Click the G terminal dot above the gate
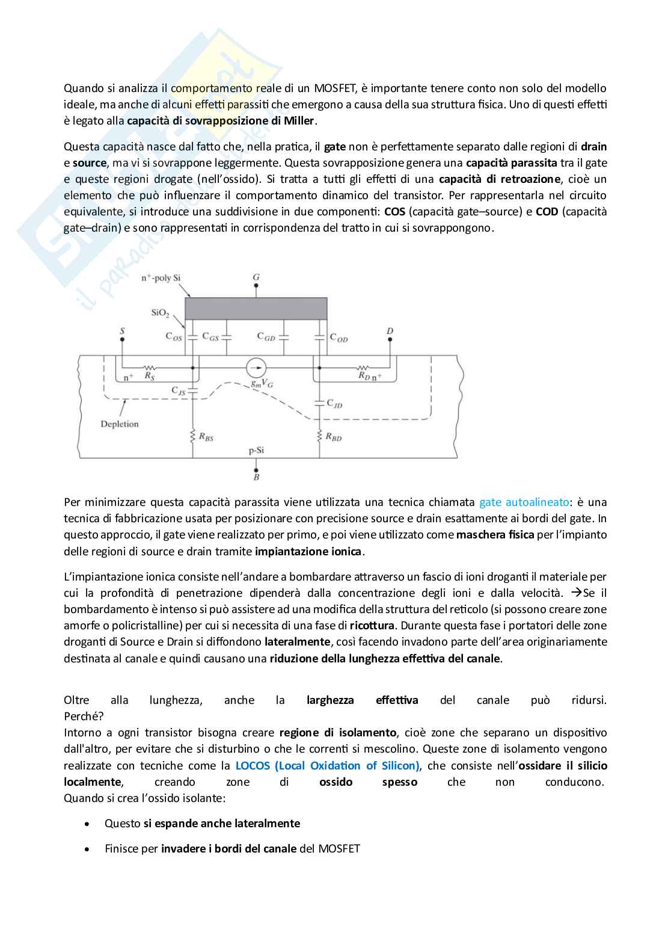pos(256,287)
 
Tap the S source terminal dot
pos(122,339)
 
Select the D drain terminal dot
pos(390,339)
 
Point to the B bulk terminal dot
pos(256,469)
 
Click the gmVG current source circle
pos(256,367)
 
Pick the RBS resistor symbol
pos(193,436)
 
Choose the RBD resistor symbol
pos(320,436)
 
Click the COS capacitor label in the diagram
pos(173,337)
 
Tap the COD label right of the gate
pos(339,338)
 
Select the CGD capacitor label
pos(266,337)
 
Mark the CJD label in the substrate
pos(334,404)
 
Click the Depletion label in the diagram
pos(120,424)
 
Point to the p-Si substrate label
pos(256,450)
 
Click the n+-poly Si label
pos(161,278)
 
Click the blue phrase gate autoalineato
pos(524,502)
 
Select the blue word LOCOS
pos(253,766)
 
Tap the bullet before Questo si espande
pos(88,824)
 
